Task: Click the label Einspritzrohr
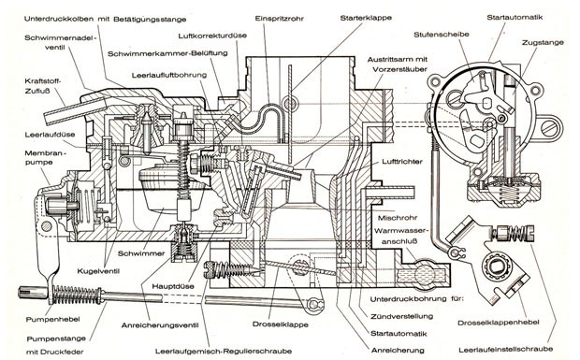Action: coord(279,18)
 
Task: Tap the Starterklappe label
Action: coord(366,18)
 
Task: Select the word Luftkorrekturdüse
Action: coord(212,36)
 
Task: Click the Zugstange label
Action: coord(543,42)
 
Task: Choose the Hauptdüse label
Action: coord(173,286)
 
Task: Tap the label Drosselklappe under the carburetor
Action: coord(281,324)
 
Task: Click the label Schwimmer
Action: coord(141,253)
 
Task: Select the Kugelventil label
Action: coord(98,271)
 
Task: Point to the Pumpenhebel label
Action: coord(52,319)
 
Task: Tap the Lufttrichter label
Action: coord(402,162)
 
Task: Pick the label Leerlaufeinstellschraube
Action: coord(506,349)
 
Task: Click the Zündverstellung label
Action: coord(401,316)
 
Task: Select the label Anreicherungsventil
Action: coord(160,325)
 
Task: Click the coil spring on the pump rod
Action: coord(77,295)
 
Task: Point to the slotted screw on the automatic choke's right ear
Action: coord(549,127)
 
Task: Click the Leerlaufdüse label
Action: coord(50,135)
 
